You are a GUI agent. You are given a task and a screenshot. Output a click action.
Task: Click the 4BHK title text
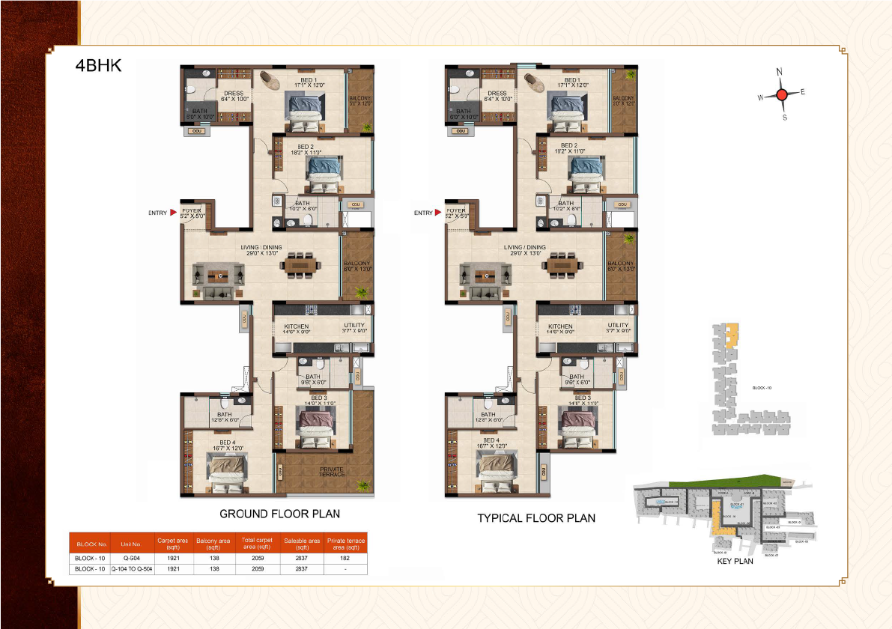tap(97, 65)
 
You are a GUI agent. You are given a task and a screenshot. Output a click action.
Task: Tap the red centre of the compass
tap(781, 94)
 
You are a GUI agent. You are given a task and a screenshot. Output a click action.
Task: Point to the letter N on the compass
tap(780, 72)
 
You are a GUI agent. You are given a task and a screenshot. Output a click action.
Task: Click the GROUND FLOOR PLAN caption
tap(279, 514)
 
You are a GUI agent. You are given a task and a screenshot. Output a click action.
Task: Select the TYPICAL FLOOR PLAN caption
tap(536, 518)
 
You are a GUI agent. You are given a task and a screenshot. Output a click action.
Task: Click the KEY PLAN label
tap(735, 561)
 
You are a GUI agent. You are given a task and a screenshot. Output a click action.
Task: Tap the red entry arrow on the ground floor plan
tap(174, 213)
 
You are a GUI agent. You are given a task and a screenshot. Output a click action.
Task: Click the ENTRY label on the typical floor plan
tap(423, 213)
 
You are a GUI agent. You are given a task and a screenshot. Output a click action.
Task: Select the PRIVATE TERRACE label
tap(332, 472)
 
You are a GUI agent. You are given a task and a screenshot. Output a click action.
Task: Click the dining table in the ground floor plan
tap(301, 266)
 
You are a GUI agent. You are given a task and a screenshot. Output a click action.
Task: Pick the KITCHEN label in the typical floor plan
tap(560, 326)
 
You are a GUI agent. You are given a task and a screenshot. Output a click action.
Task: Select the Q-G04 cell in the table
tap(131, 558)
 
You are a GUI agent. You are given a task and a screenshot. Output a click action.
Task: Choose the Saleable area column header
tap(303, 542)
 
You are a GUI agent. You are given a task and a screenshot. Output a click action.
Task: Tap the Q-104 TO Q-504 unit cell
tap(131, 569)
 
